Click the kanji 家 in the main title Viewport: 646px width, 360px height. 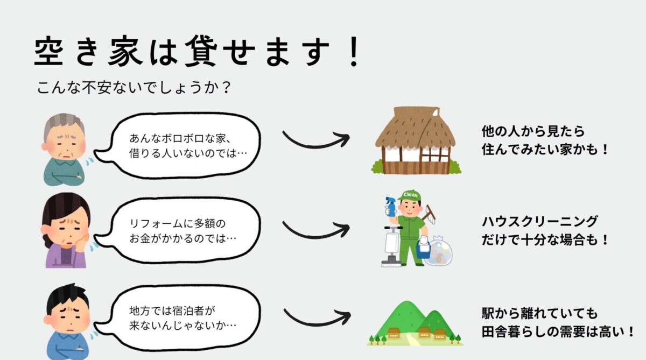coord(125,51)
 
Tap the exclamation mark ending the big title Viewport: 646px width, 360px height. coord(354,51)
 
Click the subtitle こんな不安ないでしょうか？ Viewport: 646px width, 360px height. coord(134,87)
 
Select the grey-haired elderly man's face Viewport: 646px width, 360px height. coord(65,138)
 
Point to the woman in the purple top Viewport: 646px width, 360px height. coord(66,230)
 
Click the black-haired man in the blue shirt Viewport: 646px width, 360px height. coord(68,321)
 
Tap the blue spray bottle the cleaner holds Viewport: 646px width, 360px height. coord(391,207)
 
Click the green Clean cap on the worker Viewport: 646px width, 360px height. coord(410,195)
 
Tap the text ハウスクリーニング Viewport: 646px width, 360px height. coord(539,222)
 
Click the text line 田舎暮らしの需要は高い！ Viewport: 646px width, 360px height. coord(558,332)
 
